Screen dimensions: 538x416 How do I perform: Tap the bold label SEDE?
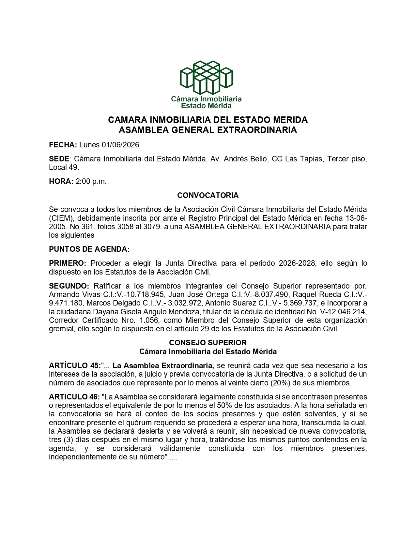coord(59,159)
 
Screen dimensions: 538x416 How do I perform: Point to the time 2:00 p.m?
coord(91,182)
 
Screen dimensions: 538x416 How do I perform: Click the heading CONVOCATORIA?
coord(208,195)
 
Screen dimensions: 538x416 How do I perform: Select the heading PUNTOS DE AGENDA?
coord(89,249)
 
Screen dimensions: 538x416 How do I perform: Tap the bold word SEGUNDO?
coord(69,286)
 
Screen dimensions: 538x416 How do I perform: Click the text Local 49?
coord(64,168)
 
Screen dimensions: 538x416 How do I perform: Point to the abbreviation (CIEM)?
coord(61,218)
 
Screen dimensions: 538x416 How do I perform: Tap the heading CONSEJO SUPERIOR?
coord(208,343)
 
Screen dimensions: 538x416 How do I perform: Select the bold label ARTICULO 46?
coord(74,397)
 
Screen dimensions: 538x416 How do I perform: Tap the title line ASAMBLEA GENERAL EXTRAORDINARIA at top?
coord(208,130)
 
